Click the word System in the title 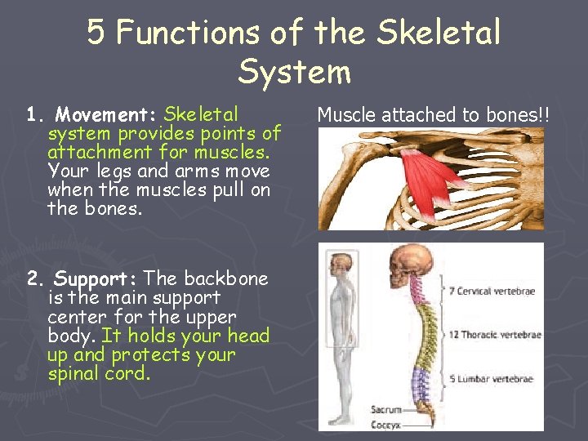(294, 72)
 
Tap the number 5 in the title (96, 33)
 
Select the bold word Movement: (108, 114)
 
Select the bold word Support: (97, 279)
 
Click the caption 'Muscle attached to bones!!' (434, 115)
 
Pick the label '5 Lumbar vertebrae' (490, 379)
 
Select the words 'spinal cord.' (100, 374)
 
